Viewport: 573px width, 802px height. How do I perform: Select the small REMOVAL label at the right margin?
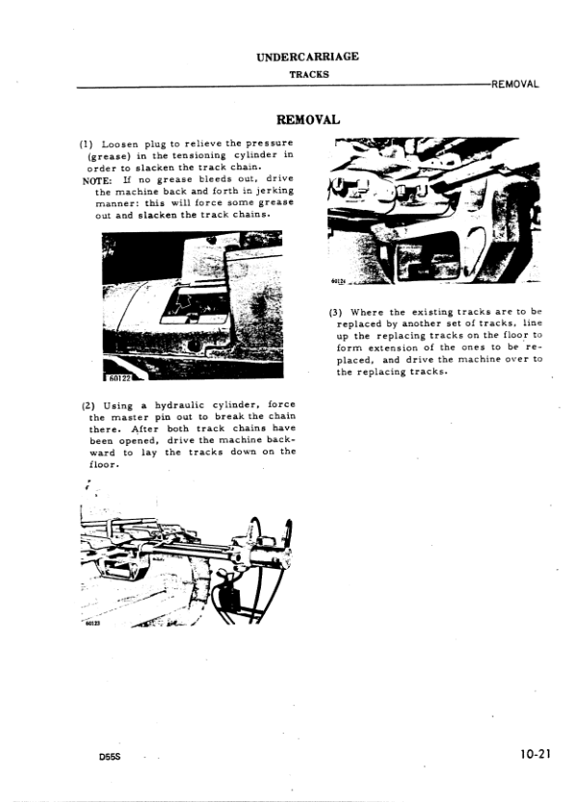514,84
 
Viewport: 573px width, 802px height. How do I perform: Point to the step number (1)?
86,143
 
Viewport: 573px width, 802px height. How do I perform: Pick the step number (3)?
336,312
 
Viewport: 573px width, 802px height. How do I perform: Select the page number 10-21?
531,755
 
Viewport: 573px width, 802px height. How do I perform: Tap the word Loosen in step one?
118,143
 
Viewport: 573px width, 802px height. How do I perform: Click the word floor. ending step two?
101,465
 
